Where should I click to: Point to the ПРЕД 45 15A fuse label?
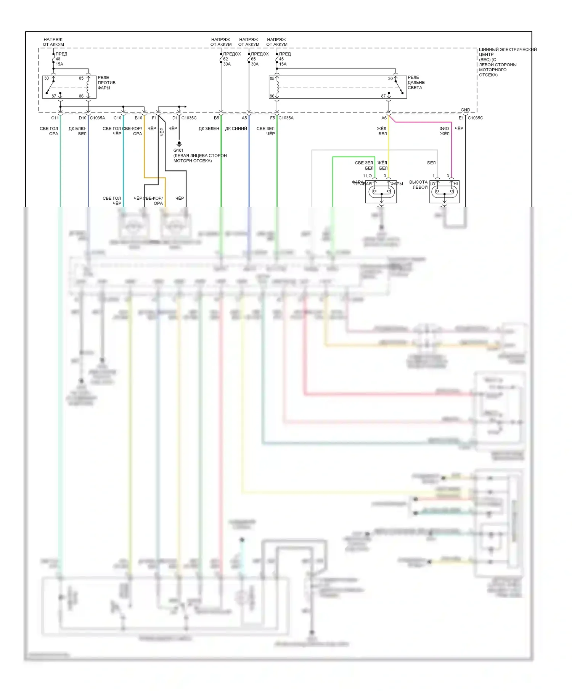(x=284, y=59)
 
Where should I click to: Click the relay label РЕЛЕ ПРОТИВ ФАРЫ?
(x=106, y=83)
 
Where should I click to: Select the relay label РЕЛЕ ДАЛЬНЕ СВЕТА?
(x=416, y=83)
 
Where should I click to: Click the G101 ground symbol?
(x=179, y=144)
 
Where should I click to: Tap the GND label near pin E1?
(x=465, y=110)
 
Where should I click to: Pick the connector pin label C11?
(x=55, y=118)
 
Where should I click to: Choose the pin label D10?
(x=82, y=118)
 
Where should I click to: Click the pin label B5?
(x=217, y=118)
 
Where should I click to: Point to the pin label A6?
(x=384, y=118)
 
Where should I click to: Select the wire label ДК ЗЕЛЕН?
(x=209, y=129)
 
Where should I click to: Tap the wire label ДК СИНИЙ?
(x=236, y=129)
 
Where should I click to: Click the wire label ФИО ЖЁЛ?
(x=444, y=131)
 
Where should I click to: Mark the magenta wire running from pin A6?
(x=423, y=122)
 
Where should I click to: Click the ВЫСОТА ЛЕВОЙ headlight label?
(x=418, y=184)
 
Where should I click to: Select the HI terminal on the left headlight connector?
(x=455, y=184)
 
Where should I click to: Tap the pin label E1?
(x=461, y=118)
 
